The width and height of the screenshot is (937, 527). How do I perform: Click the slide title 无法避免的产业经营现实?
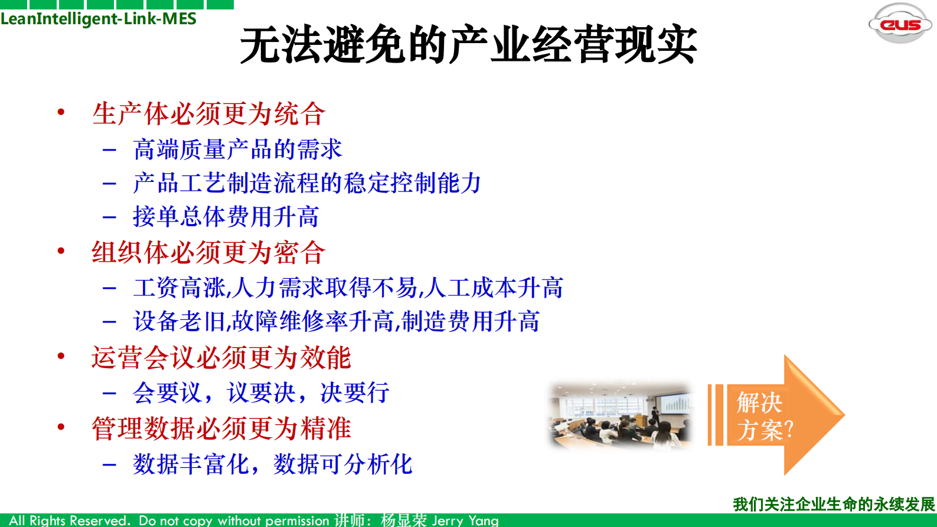click(468, 45)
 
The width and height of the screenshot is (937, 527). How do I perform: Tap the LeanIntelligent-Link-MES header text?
click(98, 19)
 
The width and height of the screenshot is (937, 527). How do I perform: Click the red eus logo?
click(900, 24)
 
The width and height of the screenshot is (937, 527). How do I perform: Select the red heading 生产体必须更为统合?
click(208, 113)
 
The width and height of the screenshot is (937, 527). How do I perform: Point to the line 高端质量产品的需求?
click(237, 149)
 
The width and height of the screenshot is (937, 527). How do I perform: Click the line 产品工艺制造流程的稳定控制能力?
click(307, 183)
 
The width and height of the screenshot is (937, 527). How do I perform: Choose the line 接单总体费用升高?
click(226, 216)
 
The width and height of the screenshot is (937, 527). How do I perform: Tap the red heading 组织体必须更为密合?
click(208, 252)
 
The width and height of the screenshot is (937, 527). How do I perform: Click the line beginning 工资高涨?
click(348, 288)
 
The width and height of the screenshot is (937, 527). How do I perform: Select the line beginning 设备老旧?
click(336, 321)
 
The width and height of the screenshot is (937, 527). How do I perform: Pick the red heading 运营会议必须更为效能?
click(221, 357)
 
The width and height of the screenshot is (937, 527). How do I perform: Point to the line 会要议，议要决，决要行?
click(261, 392)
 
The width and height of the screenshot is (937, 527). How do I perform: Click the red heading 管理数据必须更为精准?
click(221, 428)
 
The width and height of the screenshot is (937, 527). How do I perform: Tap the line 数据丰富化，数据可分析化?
click(272, 464)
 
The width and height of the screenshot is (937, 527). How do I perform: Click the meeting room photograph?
click(620, 415)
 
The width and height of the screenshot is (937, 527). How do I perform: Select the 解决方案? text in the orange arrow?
click(764, 417)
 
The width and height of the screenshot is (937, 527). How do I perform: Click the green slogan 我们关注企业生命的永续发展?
click(834, 504)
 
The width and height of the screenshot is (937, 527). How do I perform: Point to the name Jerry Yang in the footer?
click(465, 521)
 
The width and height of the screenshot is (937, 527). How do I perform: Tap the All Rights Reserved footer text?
click(69, 521)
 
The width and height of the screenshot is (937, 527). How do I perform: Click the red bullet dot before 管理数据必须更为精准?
click(61, 427)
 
